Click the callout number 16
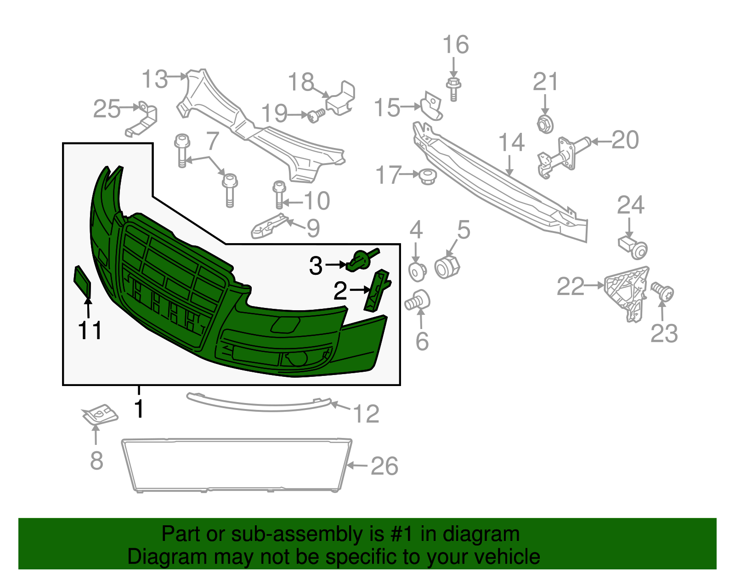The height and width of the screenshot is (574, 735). (455, 45)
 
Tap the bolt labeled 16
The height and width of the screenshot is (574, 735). (453, 89)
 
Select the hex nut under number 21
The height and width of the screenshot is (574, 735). (545, 124)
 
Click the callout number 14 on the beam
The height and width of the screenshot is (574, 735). (511, 142)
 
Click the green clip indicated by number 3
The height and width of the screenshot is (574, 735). (361, 261)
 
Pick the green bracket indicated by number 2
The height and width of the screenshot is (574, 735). (377, 290)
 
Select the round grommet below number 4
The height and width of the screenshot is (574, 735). (418, 271)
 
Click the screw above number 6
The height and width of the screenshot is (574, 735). (418, 300)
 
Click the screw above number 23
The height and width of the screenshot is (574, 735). (662, 292)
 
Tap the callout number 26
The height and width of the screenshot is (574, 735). (384, 466)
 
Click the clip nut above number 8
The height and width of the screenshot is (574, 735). (100, 415)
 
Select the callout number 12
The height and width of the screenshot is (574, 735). (366, 414)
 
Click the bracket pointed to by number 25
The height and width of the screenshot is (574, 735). (142, 119)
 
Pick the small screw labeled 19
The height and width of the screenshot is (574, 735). (316, 115)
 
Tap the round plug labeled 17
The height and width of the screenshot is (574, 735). (428, 176)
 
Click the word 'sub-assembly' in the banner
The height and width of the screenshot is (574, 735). (307, 534)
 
